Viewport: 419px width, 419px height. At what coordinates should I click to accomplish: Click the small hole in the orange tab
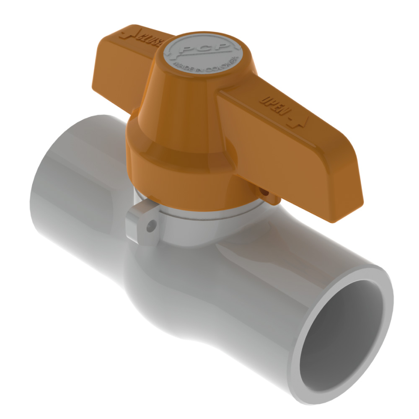pyautogui.click(x=265, y=192)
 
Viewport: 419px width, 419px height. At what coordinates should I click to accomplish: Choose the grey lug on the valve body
pyautogui.click(x=142, y=224)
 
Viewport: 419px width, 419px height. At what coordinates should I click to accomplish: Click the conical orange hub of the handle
pyautogui.click(x=180, y=105)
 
